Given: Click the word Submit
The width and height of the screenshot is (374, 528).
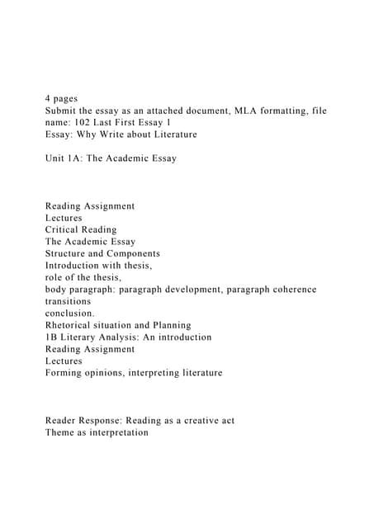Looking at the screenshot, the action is pos(63,110).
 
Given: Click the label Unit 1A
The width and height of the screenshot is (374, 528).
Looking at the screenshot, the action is pos(63,158).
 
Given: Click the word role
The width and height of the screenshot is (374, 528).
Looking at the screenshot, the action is pos(56,277).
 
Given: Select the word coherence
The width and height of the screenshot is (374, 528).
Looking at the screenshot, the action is pos(290,290).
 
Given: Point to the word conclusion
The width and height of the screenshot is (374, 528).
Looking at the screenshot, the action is pos(69,313).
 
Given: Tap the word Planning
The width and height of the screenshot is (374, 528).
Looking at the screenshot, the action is pos(168,325).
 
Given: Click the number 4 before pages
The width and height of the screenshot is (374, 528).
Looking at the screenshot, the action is pos(49,98).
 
